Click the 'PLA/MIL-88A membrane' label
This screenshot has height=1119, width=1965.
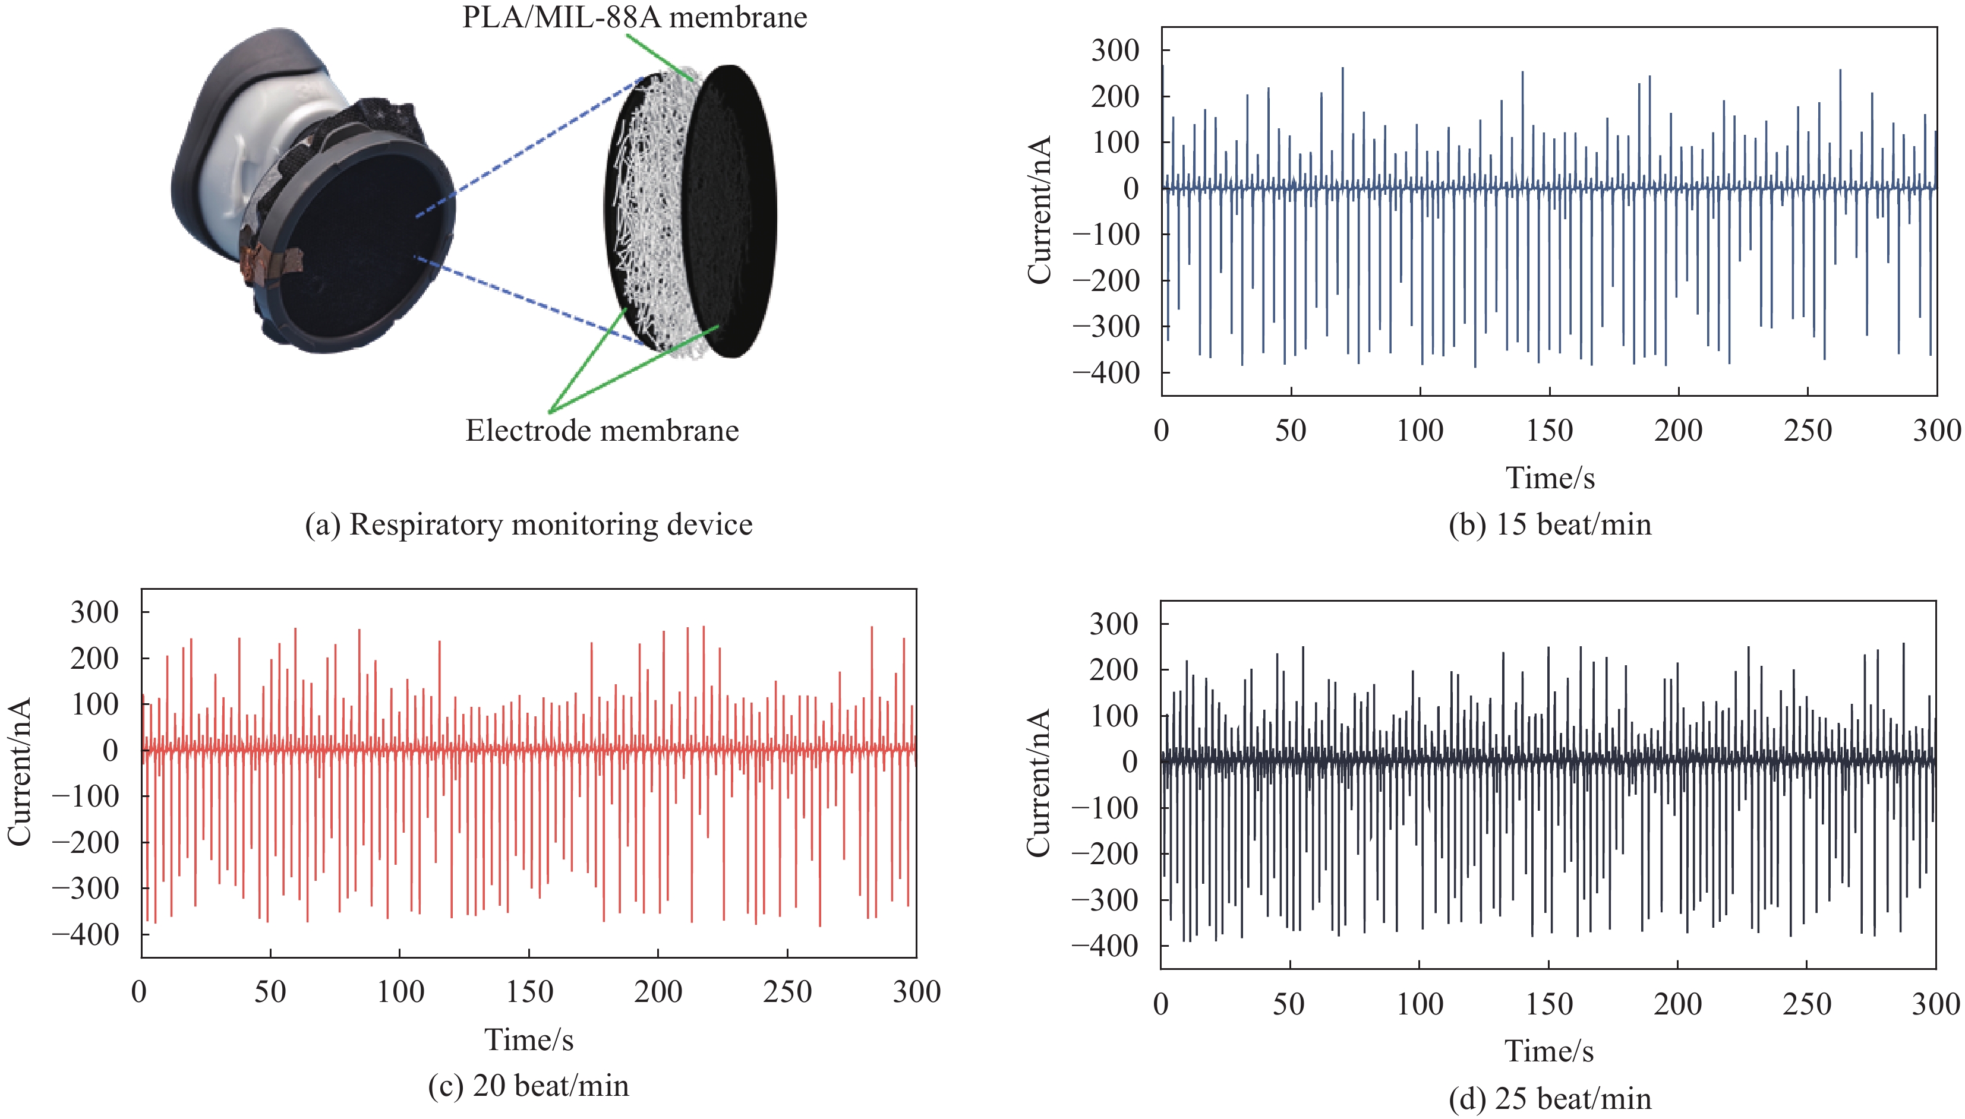click(x=634, y=17)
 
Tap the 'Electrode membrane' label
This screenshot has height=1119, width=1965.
click(x=602, y=431)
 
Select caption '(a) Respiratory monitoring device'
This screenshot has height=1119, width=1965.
click(x=528, y=524)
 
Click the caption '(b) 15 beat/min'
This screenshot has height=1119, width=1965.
click(x=1549, y=524)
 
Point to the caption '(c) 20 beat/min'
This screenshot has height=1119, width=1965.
click(x=528, y=1085)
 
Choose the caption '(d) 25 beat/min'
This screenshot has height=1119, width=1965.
click(x=1549, y=1099)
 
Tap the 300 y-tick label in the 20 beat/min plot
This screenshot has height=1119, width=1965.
click(x=94, y=612)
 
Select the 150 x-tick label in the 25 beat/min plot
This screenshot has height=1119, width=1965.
click(x=1548, y=1004)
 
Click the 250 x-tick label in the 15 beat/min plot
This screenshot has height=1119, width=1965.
click(x=1808, y=431)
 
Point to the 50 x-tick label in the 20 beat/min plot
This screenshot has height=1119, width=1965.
click(x=270, y=992)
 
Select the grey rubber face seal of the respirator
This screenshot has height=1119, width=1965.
click(x=223, y=115)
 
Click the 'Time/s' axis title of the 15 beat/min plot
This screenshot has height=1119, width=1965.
click(x=1549, y=478)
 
